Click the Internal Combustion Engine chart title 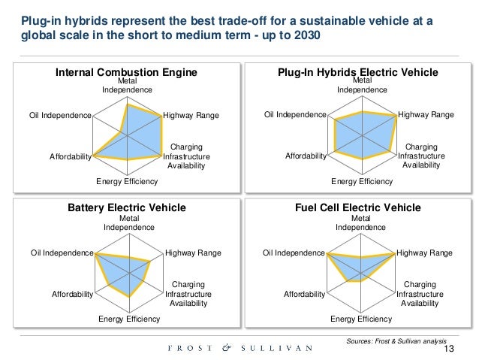tap(127, 72)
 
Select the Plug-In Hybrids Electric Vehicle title tap(357, 72)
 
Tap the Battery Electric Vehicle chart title tap(127, 207)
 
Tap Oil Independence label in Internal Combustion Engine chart tap(60, 116)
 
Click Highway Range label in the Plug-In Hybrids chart tap(426, 115)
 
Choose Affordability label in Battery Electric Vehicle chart tap(72, 294)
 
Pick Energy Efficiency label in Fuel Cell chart tap(361, 319)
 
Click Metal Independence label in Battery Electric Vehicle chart tap(128, 222)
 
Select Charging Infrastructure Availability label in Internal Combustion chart tap(186, 156)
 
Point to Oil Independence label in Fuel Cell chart tap(294, 253)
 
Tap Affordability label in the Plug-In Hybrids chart tap(306, 156)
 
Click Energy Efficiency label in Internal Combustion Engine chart tap(127, 182)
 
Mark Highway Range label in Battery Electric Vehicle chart tap(193, 253)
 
